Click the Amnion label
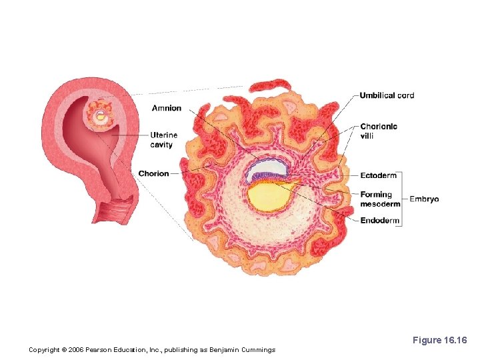(x=166, y=109)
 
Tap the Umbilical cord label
(x=387, y=95)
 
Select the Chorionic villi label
(x=379, y=131)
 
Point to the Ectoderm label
(x=378, y=175)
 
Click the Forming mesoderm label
(x=380, y=199)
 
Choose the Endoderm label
(x=379, y=221)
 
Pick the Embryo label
(x=424, y=199)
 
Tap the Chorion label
(x=153, y=174)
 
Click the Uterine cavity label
(x=164, y=140)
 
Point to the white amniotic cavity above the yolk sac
(x=266, y=169)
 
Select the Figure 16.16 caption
(x=440, y=340)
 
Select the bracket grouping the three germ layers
(x=402, y=198)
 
